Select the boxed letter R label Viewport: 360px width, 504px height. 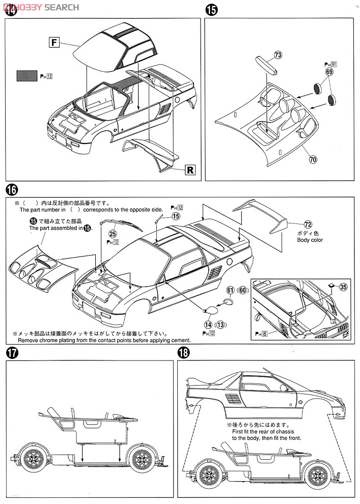click(189, 170)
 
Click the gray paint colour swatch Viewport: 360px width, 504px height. click(26, 77)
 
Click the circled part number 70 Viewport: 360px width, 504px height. click(313, 159)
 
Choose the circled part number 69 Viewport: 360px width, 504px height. click(329, 73)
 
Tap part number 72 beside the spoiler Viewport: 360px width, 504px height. click(308, 223)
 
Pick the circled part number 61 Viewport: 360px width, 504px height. click(230, 290)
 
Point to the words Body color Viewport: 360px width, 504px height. click(310, 240)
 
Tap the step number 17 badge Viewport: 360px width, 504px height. click(12, 353)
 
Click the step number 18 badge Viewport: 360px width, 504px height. click(184, 353)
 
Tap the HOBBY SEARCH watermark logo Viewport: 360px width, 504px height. click(40, 7)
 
